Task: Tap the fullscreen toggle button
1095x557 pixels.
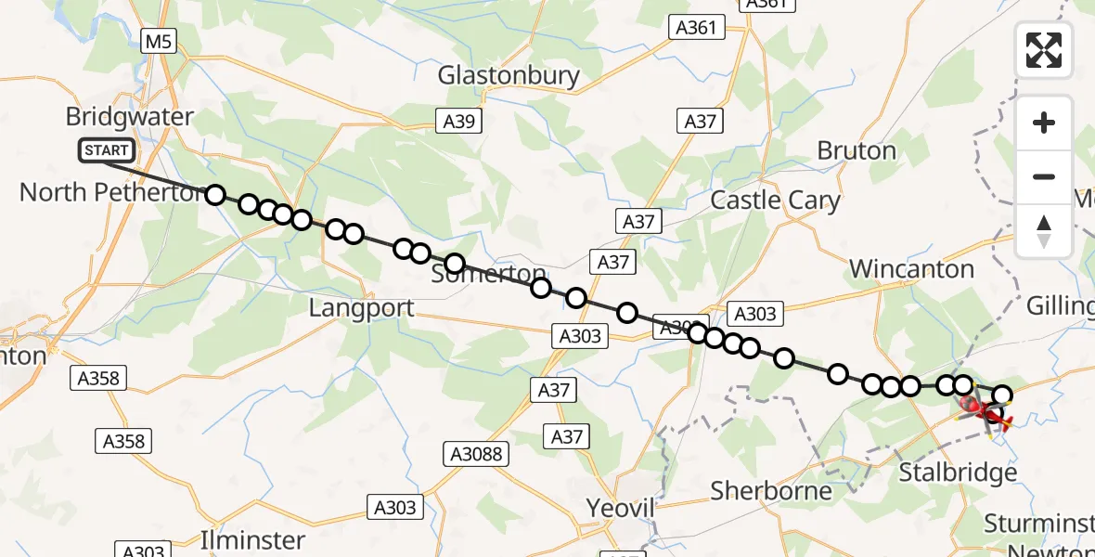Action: (x=1044, y=50)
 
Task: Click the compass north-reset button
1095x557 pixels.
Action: (x=1044, y=231)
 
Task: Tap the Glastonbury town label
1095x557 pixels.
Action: (x=509, y=75)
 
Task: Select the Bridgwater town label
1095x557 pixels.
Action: (x=130, y=117)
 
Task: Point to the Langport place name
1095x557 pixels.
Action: (x=361, y=308)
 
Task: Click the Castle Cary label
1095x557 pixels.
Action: (x=775, y=201)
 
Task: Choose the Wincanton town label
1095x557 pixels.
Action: (x=911, y=269)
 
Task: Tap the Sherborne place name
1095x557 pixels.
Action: (x=771, y=490)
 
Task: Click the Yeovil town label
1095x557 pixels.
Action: (x=621, y=508)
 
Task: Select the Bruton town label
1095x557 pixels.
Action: (x=857, y=150)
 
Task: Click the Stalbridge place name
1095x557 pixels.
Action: (x=958, y=473)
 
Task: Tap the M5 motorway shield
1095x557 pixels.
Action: (x=157, y=41)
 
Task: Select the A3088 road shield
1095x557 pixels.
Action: (x=476, y=453)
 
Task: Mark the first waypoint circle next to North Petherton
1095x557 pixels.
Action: (x=214, y=194)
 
